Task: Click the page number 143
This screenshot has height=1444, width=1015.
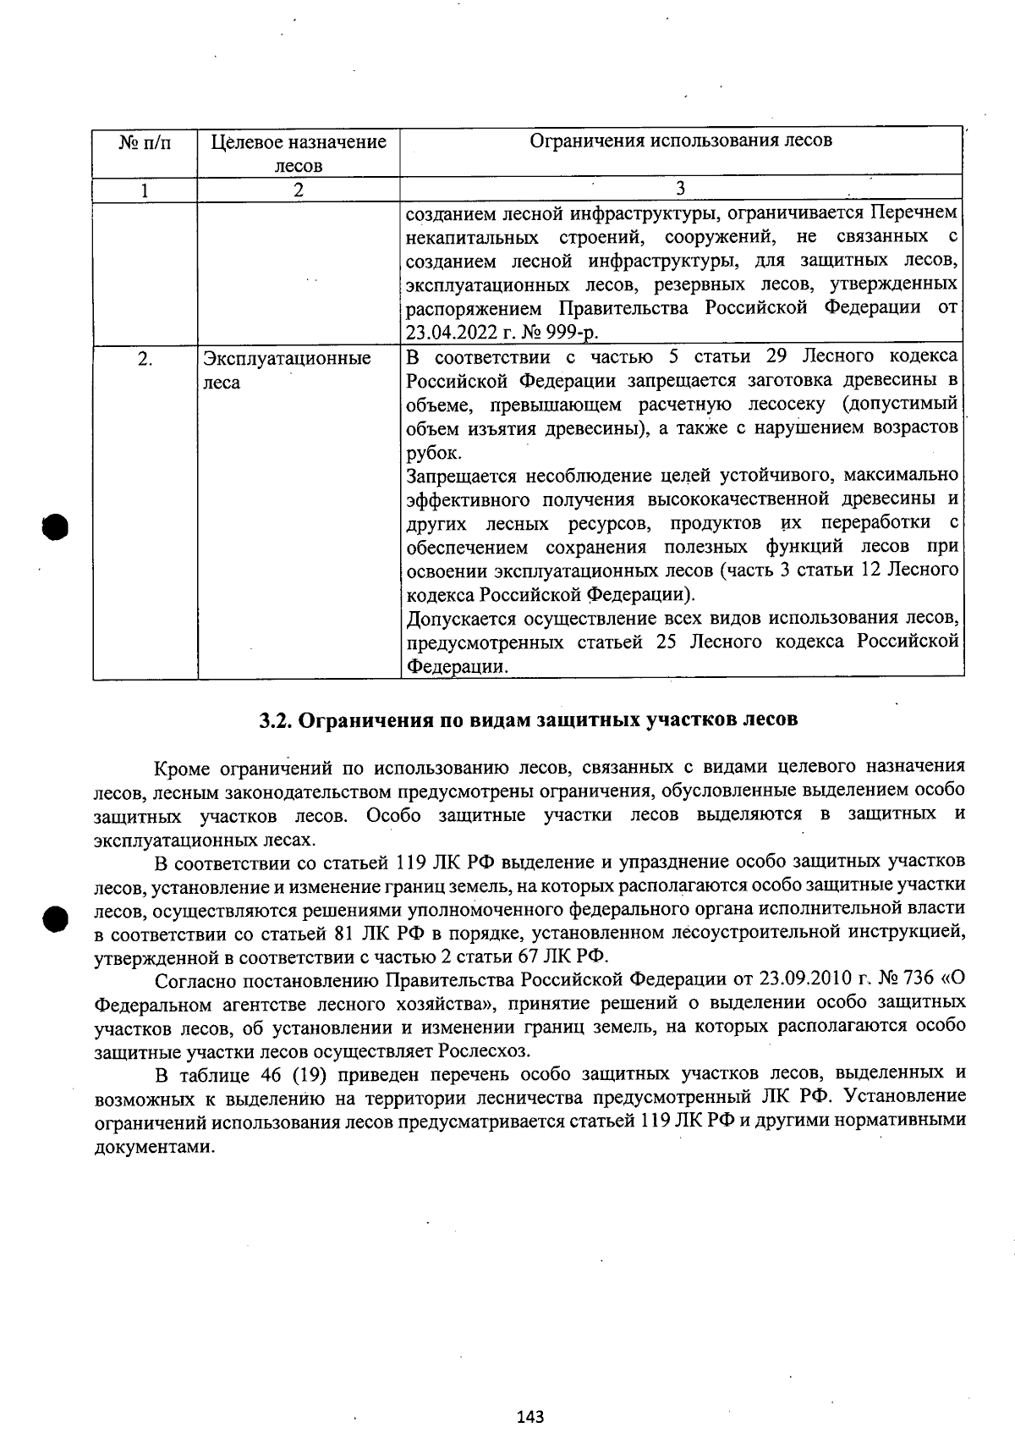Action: click(x=530, y=1416)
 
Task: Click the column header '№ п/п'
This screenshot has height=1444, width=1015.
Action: click(x=145, y=142)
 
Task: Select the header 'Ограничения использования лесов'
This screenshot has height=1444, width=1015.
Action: click(x=681, y=141)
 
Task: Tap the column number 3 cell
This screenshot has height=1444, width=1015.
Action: click(x=680, y=189)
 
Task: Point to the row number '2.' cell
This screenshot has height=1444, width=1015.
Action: click(x=145, y=359)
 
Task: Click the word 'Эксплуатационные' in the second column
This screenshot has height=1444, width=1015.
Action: click(x=287, y=359)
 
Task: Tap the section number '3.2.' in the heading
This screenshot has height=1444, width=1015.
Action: click(x=276, y=719)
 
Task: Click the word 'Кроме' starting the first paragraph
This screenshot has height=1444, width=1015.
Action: click(x=182, y=769)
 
